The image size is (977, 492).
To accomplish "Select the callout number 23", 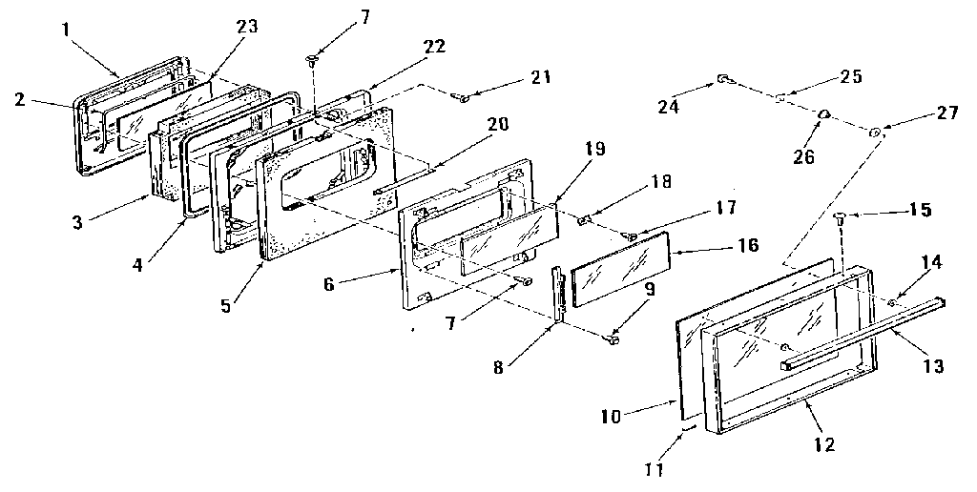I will [x=246, y=28].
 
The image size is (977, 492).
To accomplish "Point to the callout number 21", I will [x=541, y=77].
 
